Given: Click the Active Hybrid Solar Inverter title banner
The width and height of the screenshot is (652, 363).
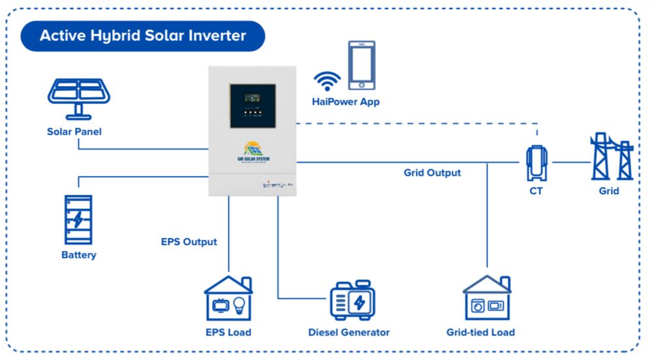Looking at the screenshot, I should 143,35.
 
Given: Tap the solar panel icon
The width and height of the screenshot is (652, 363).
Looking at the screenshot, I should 78,98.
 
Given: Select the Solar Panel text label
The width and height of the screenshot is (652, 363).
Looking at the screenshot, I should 74,132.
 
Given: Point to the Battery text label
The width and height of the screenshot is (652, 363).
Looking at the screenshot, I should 79,255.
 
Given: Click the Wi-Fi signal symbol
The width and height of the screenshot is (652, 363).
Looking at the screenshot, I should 327,81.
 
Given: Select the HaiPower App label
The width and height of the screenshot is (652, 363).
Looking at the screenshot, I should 345,102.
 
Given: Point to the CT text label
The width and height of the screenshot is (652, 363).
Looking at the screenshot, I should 536,191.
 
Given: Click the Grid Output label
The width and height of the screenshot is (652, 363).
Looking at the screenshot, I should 432,173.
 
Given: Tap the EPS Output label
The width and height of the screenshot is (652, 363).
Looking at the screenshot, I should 189,242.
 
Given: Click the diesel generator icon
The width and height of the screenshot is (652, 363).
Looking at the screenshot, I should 352,300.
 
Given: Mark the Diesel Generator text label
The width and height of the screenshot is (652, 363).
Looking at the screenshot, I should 349,332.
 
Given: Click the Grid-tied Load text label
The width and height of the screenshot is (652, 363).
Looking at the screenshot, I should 480,332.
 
